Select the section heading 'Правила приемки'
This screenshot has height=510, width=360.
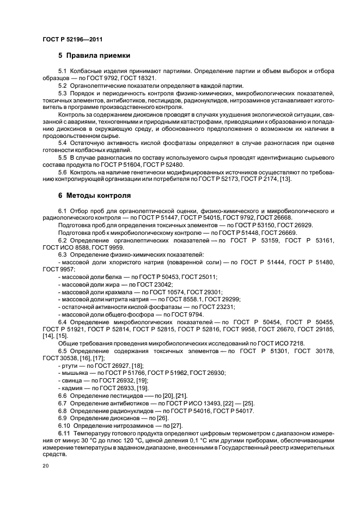97,56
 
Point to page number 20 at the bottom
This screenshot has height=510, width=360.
46,466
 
